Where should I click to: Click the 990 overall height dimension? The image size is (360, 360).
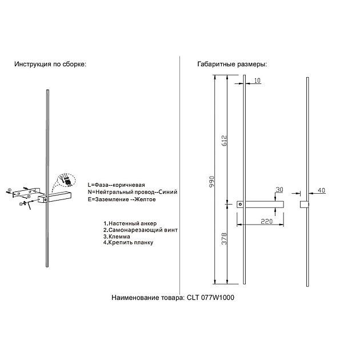[211, 182]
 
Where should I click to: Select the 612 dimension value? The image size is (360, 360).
[225, 139]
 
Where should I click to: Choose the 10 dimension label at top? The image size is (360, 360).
[257, 81]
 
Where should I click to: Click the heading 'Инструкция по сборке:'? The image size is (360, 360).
[50, 65]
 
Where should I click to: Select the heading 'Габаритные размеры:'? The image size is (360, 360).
[231, 65]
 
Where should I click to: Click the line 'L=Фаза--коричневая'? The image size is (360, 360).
[117, 186]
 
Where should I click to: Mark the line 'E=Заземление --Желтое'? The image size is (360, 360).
[122, 199]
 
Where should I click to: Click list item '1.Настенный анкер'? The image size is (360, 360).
[130, 223]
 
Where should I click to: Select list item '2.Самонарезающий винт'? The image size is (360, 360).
[141, 230]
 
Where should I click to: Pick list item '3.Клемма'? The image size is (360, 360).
[117, 236]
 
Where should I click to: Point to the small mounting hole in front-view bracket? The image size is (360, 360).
[241, 203]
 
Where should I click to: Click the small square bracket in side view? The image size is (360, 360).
[304, 204]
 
